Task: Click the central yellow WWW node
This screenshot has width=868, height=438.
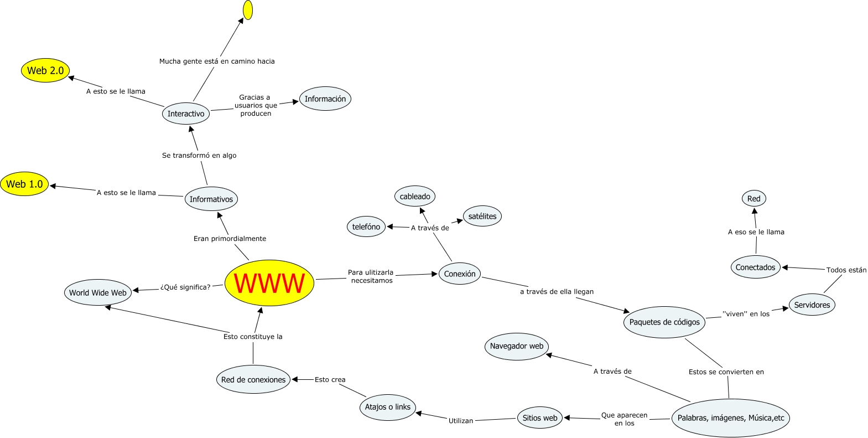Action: pos(269,283)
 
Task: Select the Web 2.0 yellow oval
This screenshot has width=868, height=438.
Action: pos(45,70)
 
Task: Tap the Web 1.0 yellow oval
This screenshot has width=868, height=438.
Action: pos(24,184)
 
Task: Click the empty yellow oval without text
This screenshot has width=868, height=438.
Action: pos(248,10)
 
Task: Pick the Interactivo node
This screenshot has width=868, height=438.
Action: pos(186,114)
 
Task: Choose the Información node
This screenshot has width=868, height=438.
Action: pos(325,99)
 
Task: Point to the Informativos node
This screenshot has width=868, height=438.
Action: pos(211,199)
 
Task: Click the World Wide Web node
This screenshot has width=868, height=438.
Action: pos(98,292)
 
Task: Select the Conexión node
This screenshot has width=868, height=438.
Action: pos(460,274)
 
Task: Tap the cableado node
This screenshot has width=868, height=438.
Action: pos(415,196)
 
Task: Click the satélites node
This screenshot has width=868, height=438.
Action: pos(482,216)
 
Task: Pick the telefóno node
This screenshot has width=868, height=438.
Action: pos(366,226)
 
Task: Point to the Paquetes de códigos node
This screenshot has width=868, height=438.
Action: pos(664,322)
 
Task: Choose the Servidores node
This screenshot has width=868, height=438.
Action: pos(812,305)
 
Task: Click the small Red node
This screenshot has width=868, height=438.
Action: pos(754,198)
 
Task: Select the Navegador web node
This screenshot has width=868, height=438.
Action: pos(517,346)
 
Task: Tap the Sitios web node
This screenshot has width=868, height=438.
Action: pos(540,418)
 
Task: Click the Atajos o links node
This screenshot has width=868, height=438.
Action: pos(388,407)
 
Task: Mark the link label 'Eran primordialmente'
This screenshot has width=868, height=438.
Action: pos(230,239)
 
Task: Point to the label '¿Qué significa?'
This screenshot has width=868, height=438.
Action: pos(185,287)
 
